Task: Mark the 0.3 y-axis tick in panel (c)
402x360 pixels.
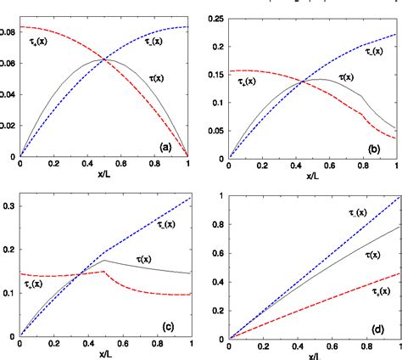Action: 8,206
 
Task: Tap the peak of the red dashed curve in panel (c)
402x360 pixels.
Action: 103,272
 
